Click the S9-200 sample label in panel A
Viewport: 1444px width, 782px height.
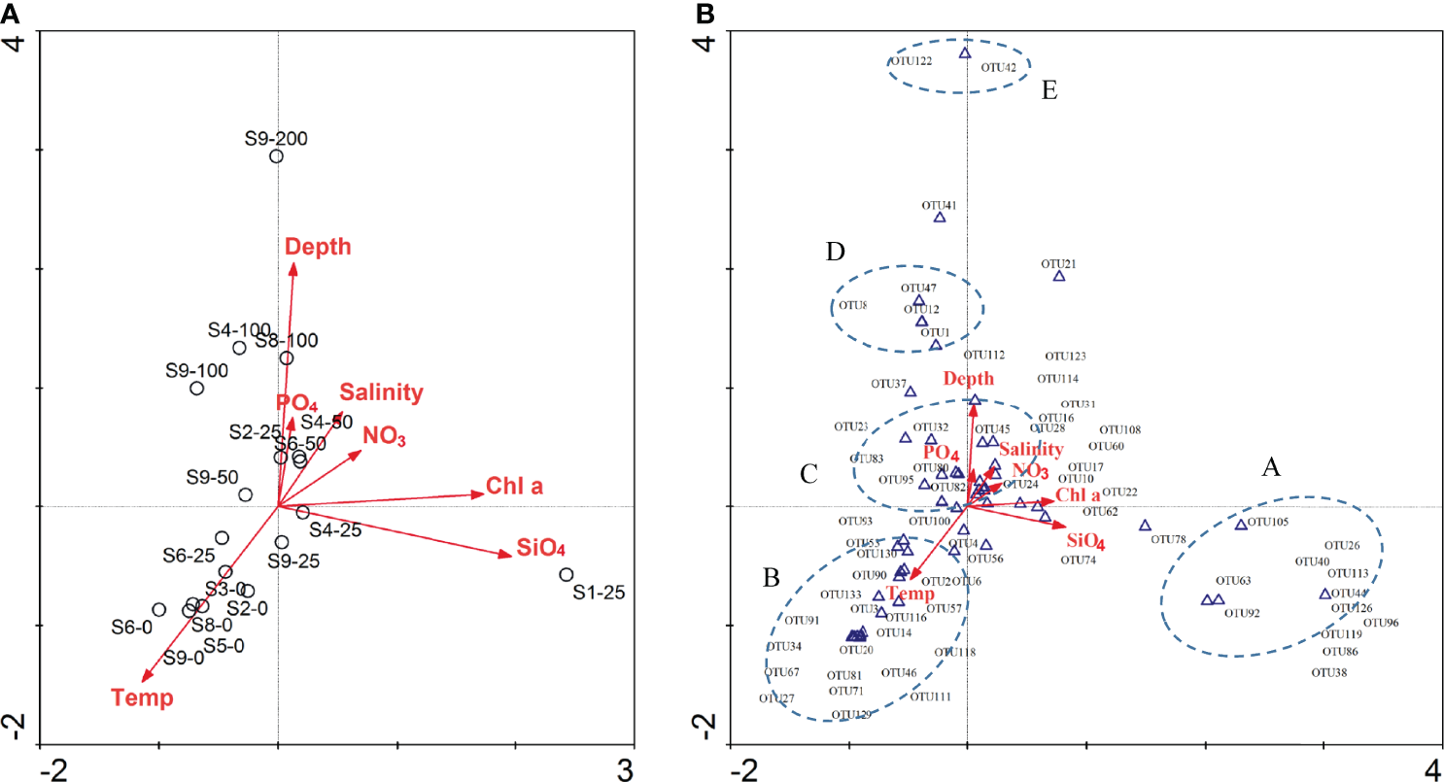[x=276, y=139]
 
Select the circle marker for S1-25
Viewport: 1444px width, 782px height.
[x=567, y=575]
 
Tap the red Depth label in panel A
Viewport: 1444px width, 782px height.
[x=318, y=248]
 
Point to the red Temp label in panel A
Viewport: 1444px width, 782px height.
[x=142, y=697]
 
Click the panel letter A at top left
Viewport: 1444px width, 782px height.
[x=10, y=11]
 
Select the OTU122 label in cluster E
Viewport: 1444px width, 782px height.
[x=911, y=60]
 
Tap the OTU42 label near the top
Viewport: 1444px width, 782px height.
[x=998, y=68]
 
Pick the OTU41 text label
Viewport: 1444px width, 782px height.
[x=939, y=205]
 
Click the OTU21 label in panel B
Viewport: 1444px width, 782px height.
[x=1058, y=263]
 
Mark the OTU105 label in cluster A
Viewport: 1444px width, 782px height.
[x=1267, y=522]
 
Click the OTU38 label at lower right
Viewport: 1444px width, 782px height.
[x=1328, y=672]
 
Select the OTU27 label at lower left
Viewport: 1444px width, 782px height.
[x=777, y=698]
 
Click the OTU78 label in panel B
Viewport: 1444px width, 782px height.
[x=1167, y=539]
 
